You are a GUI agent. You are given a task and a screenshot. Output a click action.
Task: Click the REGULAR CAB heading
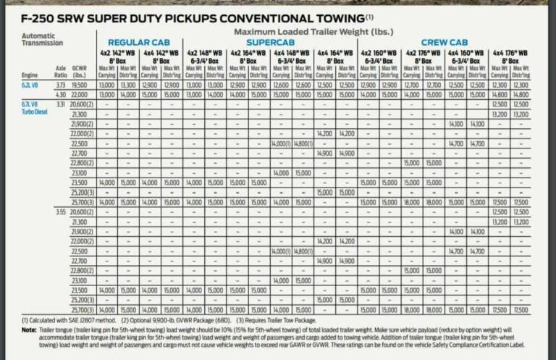coord(139,43)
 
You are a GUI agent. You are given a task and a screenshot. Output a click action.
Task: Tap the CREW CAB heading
coord(445,43)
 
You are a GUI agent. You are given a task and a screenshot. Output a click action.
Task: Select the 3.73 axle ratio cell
coord(60,85)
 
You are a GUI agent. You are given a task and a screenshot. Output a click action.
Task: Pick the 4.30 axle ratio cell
coord(60,94)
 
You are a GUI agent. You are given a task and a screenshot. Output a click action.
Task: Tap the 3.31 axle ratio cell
coord(60,104)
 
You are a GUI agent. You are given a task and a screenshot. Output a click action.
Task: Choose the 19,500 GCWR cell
coord(80,85)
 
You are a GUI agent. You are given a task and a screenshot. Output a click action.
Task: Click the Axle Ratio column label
coord(60,71)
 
